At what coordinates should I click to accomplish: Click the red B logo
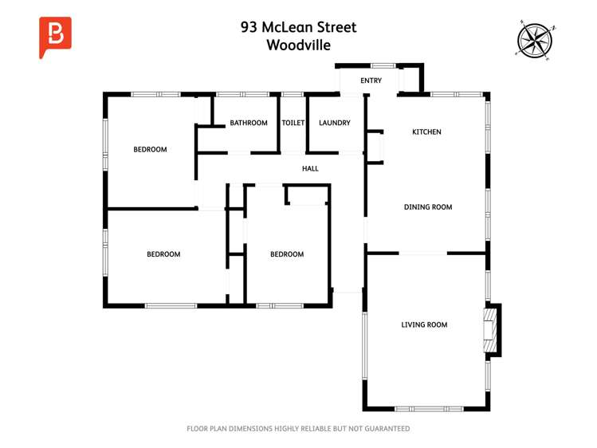(x=55, y=37)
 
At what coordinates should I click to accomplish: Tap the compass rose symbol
(x=534, y=39)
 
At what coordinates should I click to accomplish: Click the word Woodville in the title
(x=298, y=45)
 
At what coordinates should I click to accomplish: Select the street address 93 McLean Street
(x=298, y=27)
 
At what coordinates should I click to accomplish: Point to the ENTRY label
(x=371, y=81)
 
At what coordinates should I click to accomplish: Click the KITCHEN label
(x=426, y=132)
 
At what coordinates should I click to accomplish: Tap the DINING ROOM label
(x=428, y=207)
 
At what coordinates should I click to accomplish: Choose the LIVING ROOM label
(x=424, y=325)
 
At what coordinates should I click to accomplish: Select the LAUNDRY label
(x=334, y=123)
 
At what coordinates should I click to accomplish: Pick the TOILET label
(x=293, y=123)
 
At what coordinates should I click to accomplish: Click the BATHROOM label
(x=249, y=123)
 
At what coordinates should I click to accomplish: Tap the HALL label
(x=310, y=169)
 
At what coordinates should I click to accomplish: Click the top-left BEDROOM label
(x=150, y=150)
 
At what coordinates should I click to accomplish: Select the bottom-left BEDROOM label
(x=163, y=255)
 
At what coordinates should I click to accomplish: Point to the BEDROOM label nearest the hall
(x=287, y=255)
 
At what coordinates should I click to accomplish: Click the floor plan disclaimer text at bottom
(x=298, y=429)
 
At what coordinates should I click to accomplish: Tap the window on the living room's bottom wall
(x=429, y=408)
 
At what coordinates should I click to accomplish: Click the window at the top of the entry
(x=371, y=66)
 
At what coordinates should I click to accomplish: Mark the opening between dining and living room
(x=423, y=253)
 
